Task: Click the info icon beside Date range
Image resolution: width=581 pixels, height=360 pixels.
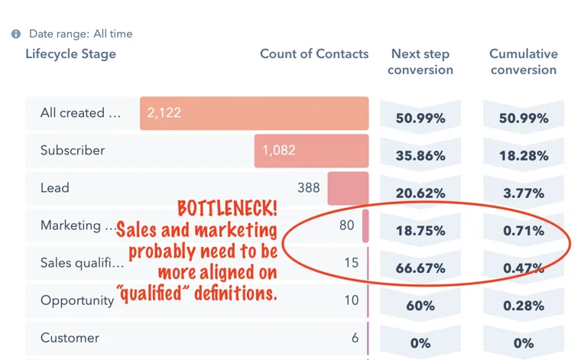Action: click(x=16, y=34)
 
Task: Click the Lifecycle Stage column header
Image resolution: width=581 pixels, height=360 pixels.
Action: click(x=70, y=54)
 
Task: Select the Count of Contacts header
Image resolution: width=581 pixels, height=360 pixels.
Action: click(x=314, y=54)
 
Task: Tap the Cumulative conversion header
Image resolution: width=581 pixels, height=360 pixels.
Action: click(x=524, y=62)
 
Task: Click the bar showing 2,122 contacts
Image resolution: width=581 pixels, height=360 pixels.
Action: click(x=254, y=113)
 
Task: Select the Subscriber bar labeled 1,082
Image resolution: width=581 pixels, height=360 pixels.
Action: click(x=311, y=151)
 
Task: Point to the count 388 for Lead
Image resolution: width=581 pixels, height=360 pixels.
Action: click(x=309, y=188)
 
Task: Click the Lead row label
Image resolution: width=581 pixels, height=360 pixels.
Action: click(x=55, y=188)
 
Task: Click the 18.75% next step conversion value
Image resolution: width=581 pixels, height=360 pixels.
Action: click(x=420, y=231)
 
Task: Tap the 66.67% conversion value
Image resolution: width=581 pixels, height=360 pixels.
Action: click(x=420, y=268)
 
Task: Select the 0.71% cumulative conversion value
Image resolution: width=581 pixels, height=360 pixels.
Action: click(x=524, y=231)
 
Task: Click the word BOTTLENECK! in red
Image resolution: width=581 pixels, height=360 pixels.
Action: click(x=227, y=209)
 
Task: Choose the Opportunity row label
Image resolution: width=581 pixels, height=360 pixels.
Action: click(x=77, y=300)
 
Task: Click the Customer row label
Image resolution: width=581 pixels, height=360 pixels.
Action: click(x=70, y=338)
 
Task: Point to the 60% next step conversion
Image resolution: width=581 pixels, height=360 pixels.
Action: click(x=420, y=306)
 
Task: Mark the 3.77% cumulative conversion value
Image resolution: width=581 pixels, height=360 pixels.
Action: click(x=524, y=193)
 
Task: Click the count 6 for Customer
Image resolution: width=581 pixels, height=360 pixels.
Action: click(x=355, y=338)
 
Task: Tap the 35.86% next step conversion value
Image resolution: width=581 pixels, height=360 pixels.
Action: click(x=420, y=156)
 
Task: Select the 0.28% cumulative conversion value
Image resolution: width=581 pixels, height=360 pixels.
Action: click(x=524, y=306)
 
